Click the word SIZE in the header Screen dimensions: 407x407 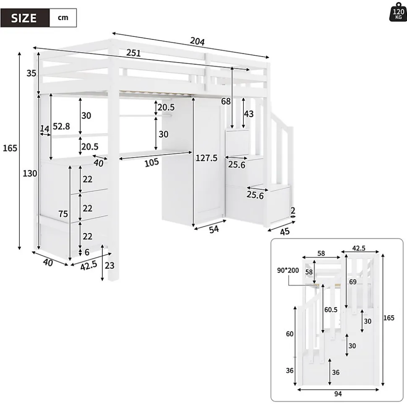[x=24, y=18]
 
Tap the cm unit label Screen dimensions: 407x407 [x=63, y=18]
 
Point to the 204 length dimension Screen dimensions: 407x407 [x=197, y=41]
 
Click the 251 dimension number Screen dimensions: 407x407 [x=133, y=54]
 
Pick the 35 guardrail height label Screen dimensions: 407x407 [x=31, y=73]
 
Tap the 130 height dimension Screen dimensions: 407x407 [x=30, y=173]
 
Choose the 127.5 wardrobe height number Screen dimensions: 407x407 [x=206, y=158]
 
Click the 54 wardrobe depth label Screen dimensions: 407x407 [x=214, y=229]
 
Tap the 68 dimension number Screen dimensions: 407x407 [x=226, y=101]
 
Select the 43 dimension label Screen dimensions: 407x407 [x=249, y=114]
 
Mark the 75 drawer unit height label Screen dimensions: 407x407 [x=63, y=214]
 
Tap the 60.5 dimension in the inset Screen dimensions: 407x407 [x=331, y=310]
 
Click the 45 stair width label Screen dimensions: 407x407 [x=285, y=231]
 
